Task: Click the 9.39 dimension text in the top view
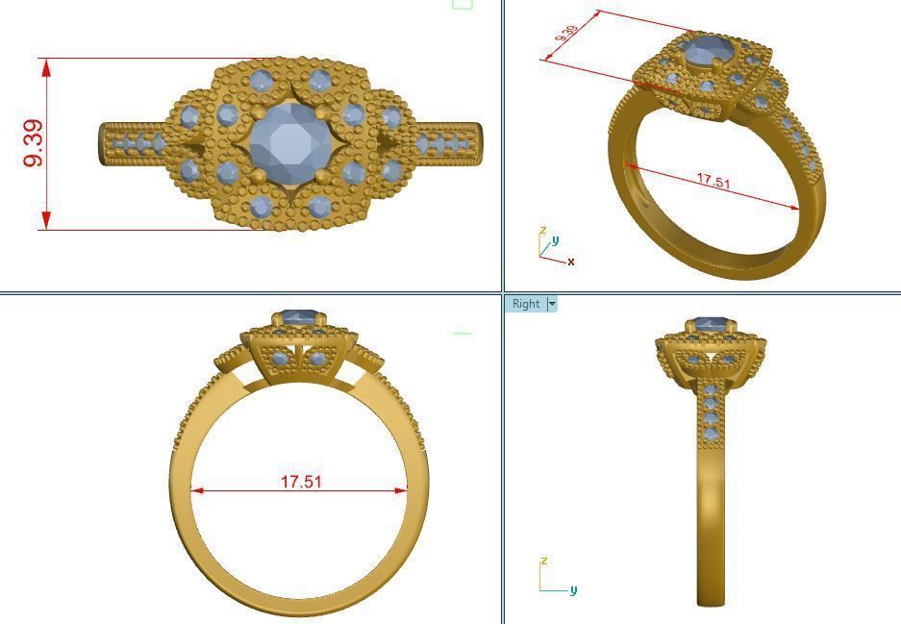click(x=33, y=144)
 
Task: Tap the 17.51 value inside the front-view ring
click(x=301, y=481)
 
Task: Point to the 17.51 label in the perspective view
click(x=713, y=180)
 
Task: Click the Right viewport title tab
click(x=525, y=304)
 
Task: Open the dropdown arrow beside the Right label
click(x=552, y=304)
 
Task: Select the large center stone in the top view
click(x=289, y=143)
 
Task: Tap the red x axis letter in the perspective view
click(x=571, y=262)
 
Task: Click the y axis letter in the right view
click(x=573, y=589)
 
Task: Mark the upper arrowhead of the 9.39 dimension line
click(x=45, y=64)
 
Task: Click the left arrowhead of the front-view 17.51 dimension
click(x=196, y=490)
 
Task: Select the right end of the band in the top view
click(x=478, y=143)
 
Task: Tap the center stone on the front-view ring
click(x=299, y=317)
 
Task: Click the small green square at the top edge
click(x=463, y=3)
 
